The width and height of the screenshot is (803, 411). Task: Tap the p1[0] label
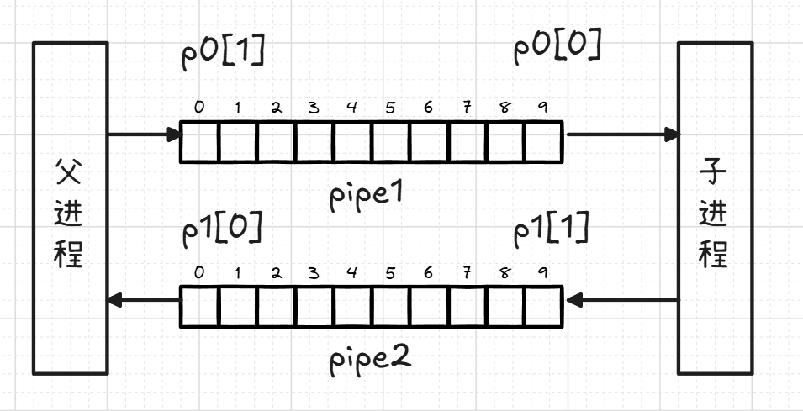(221, 228)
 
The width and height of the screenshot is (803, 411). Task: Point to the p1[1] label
(552, 229)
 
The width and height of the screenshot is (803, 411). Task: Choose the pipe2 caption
(370, 359)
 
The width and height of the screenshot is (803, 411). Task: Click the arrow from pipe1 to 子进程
(622, 134)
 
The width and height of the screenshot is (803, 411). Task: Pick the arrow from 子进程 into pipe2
(622, 299)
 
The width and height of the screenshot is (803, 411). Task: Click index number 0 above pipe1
(199, 107)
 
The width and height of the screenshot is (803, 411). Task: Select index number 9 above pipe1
(542, 107)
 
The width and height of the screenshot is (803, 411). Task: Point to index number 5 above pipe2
(390, 272)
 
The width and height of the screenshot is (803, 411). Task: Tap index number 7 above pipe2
(467, 272)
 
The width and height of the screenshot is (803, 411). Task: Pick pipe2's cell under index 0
(199, 307)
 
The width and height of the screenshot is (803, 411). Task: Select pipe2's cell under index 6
(429, 307)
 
